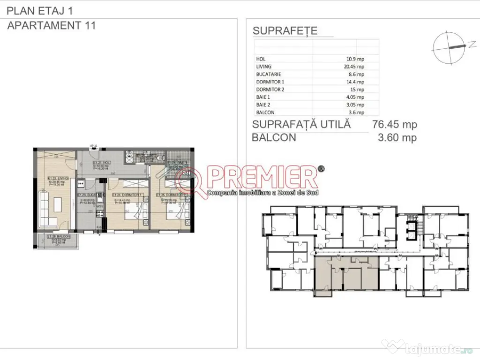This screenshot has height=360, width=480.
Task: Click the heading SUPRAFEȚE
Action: [285, 31]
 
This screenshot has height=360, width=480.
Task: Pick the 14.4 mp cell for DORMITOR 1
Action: [356, 82]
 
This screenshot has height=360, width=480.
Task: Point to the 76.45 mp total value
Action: [394, 125]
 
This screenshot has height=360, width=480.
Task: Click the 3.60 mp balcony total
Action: [397, 138]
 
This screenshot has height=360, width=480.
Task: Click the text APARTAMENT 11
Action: [52, 26]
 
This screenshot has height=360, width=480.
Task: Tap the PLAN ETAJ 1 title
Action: [40, 10]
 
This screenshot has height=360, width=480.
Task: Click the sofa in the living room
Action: [43, 205]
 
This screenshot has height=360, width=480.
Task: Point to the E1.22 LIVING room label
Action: [58, 178]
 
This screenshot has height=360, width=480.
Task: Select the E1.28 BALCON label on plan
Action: [59, 237]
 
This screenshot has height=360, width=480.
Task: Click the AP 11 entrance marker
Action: [93, 146]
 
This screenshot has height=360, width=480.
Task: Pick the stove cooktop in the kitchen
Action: [99, 215]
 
